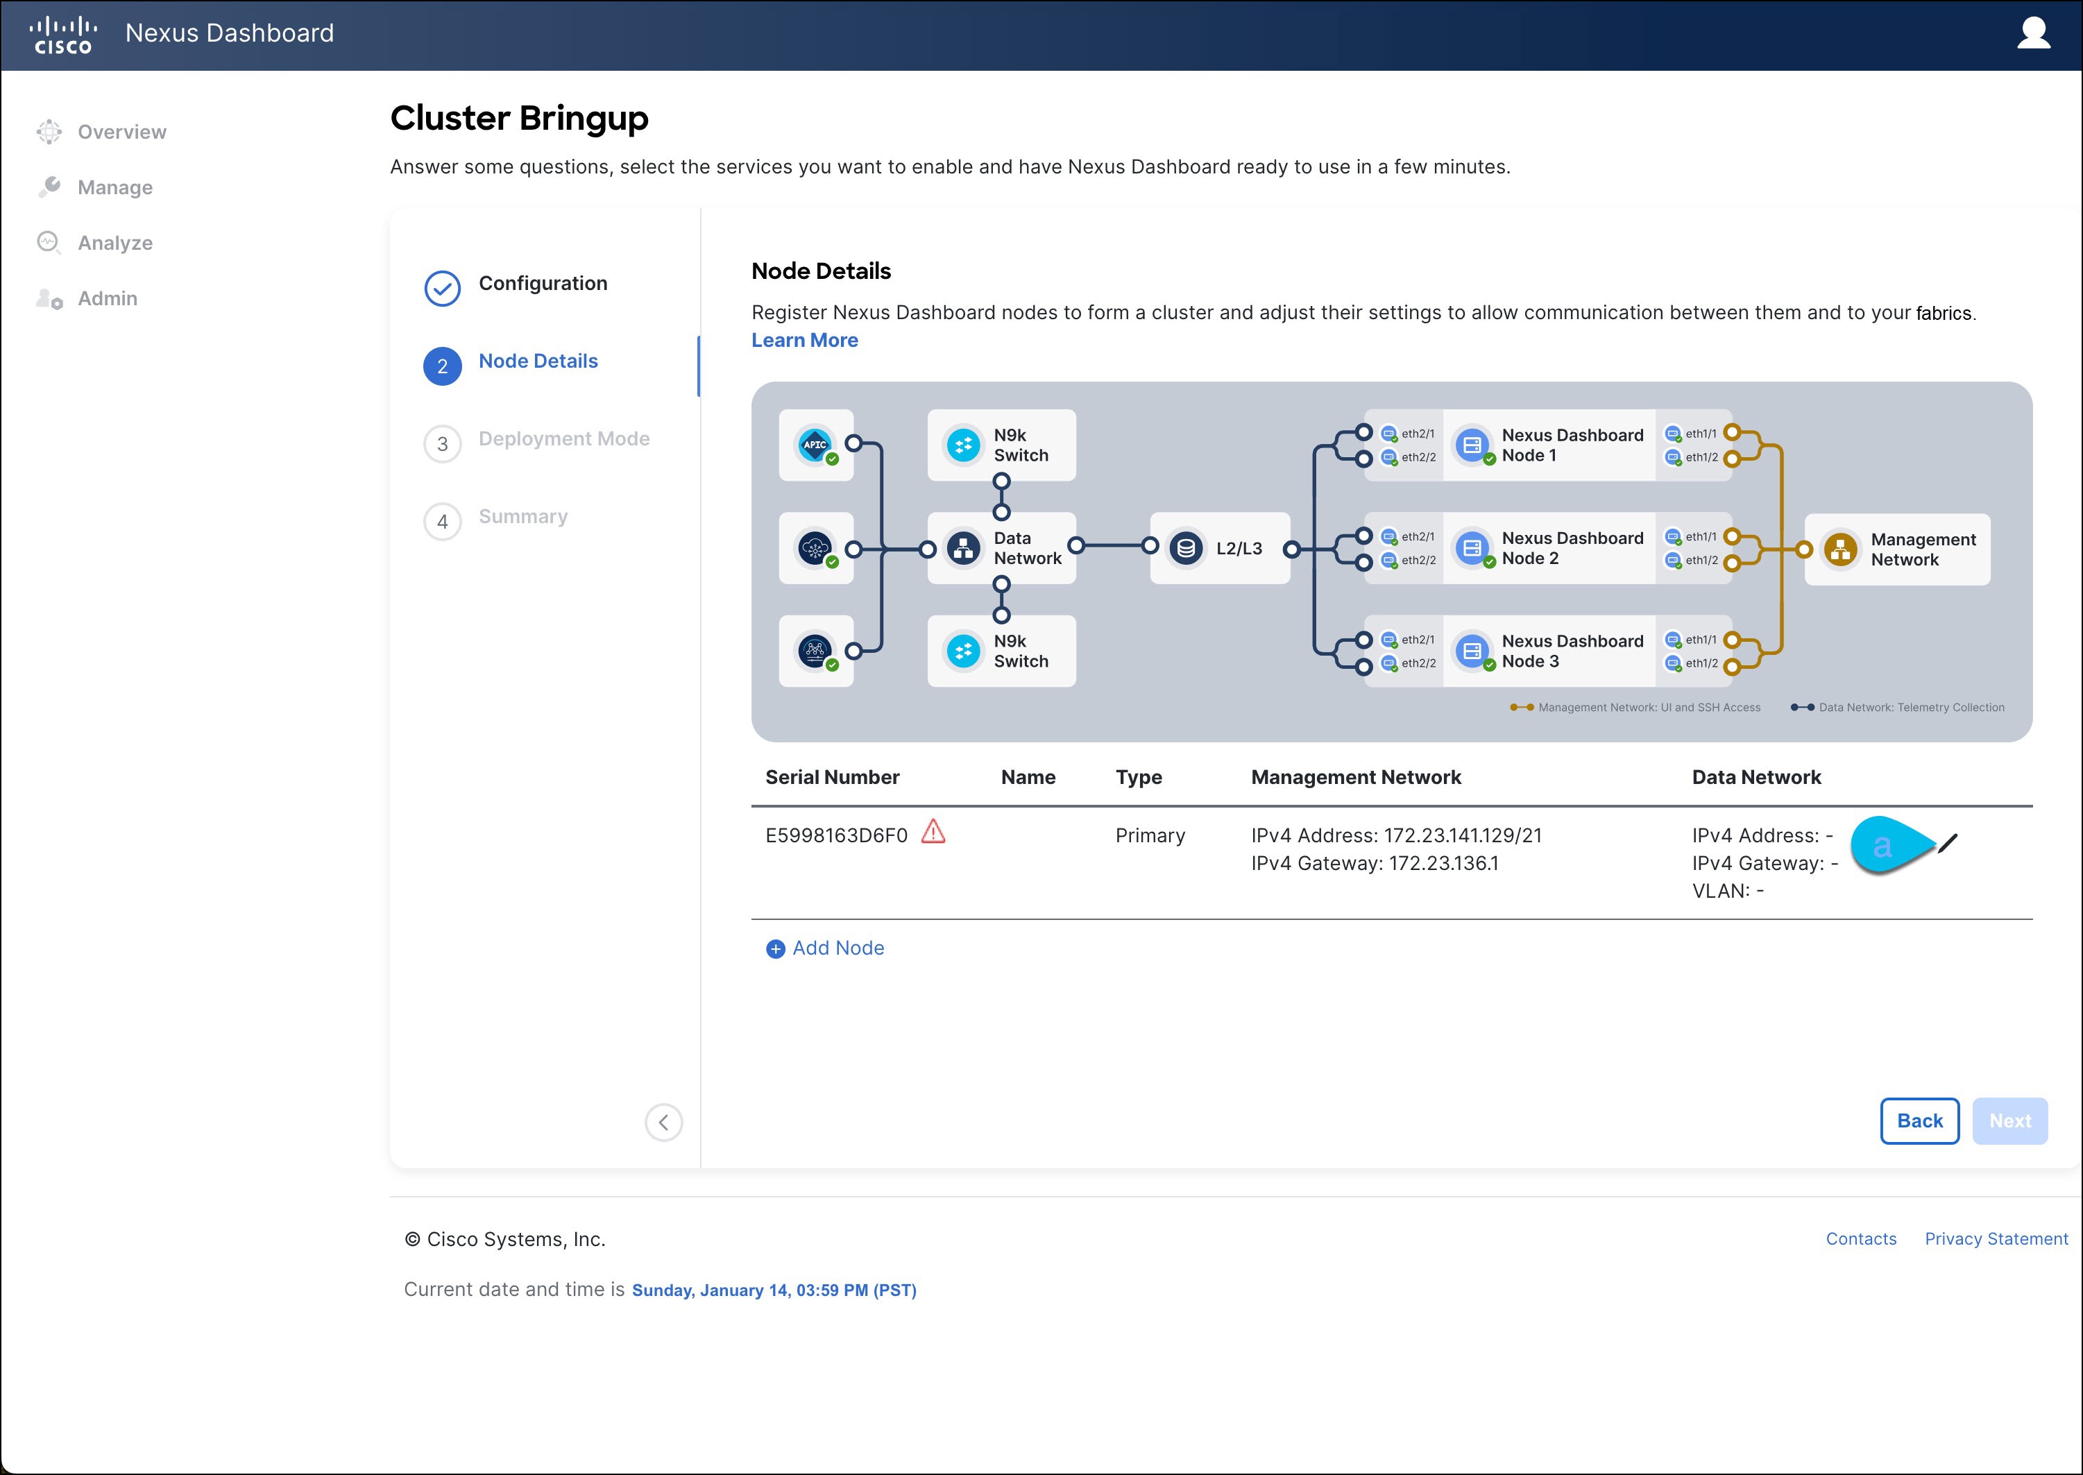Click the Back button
pos(1919,1120)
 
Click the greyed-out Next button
pos(2009,1120)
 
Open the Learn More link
pos(804,340)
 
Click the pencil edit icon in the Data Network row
pos(1947,844)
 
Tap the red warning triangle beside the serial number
pos(933,832)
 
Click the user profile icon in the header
pos(2033,33)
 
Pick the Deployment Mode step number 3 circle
pos(443,444)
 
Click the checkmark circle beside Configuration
pos(443,289)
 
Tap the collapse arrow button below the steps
pos(663,1123)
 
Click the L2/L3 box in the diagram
pos(1219,547)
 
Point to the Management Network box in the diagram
pos(1897,549)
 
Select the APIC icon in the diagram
pos(815,444)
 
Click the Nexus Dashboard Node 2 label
pos(1572,547)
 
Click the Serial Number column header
pos(832,778)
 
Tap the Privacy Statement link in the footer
pos(1996,1239)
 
